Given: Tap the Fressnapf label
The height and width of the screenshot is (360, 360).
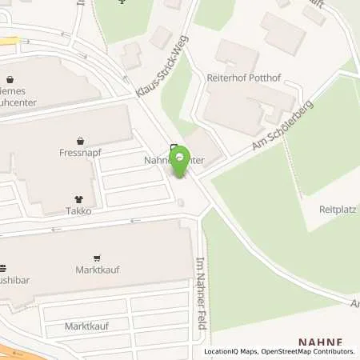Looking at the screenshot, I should [78, 150].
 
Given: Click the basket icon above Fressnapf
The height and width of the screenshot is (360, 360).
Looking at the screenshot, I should [78, 138].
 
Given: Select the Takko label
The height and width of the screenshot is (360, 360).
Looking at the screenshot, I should [78, 212].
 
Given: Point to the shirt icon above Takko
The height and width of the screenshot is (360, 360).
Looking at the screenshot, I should [78, 199].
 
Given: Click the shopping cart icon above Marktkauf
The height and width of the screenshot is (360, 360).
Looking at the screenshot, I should [98, 258].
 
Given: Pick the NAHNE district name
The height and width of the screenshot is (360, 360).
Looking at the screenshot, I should [320, 342].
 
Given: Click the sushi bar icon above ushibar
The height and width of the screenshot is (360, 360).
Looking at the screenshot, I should [2, 269].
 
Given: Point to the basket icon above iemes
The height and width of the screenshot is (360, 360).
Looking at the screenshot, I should [9, 79].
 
